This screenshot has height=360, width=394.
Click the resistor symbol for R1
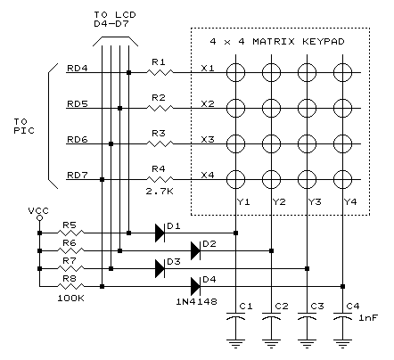click(160, 72)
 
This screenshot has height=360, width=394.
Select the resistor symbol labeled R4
click(160, 179)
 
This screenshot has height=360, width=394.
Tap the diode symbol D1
click(160, 233)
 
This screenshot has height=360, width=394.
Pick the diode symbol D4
click(195, 286)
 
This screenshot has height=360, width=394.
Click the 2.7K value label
click(160, 192)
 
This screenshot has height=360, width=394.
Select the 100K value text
click(70, 299)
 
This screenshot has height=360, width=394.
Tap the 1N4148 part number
click(196, 302)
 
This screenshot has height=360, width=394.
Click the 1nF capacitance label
click(368, 318)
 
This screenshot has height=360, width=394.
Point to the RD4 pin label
click(78, 68)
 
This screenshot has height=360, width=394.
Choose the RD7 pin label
click(78, 175)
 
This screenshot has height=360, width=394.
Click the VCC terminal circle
click(39, 218)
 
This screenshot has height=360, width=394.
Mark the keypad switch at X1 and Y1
click(235, 72)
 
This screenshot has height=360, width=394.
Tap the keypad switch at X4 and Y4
click(342, 179)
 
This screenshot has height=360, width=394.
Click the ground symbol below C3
click(307, 344)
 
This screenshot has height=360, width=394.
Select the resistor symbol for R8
click(70, 286)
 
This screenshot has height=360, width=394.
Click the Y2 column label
click(279, 202)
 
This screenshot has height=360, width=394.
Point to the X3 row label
click(208, 139)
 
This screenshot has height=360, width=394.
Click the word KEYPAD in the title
click(324, 41)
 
